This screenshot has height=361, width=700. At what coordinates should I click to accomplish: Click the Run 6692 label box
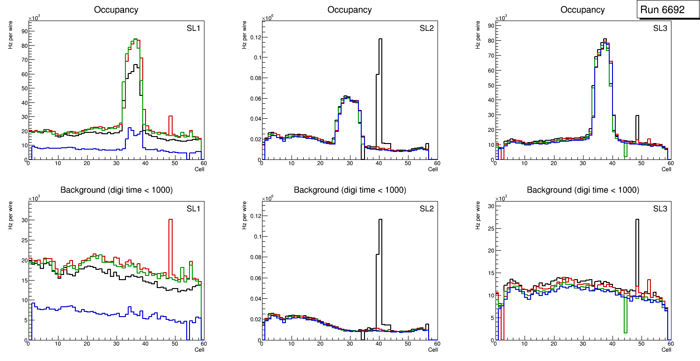click(x=668, y=9)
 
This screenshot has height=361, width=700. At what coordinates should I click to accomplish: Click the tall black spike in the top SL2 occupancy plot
click(x=380, y=70)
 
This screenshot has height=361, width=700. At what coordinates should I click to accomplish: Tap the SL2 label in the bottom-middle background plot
click(x=426, y=208)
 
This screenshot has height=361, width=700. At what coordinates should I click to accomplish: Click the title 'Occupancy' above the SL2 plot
click(x=350, y=10)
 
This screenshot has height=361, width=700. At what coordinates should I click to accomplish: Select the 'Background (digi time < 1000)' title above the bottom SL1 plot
click(x=116, y=190)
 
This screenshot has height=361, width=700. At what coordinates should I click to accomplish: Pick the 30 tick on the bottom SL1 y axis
click(x=22, y=220)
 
